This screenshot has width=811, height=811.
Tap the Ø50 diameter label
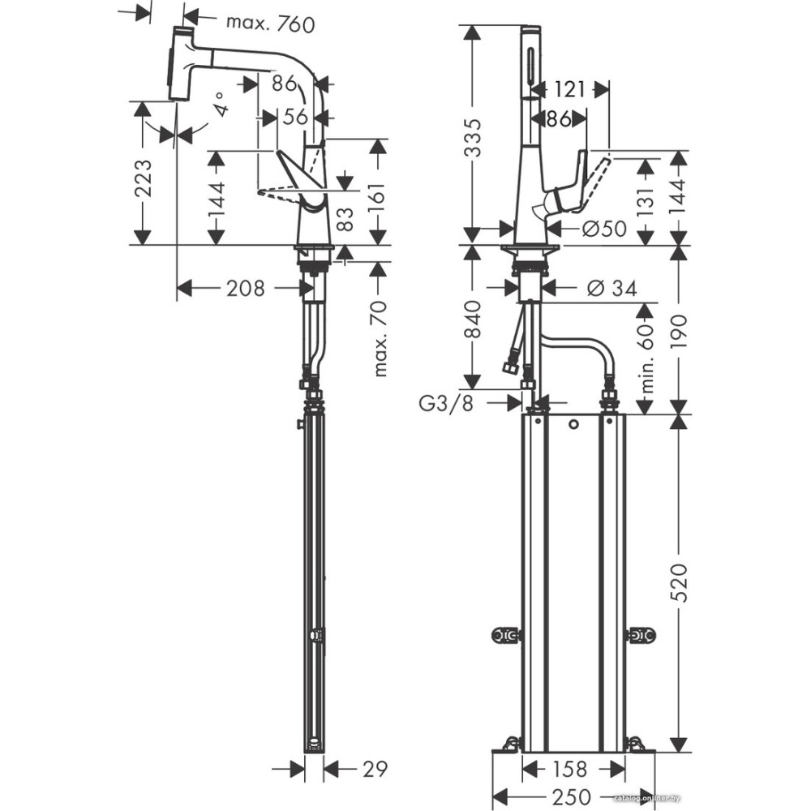tap(604, 230)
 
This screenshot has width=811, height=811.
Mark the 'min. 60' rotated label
tap(646, 354)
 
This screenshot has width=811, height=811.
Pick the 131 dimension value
tap(646, 200)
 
